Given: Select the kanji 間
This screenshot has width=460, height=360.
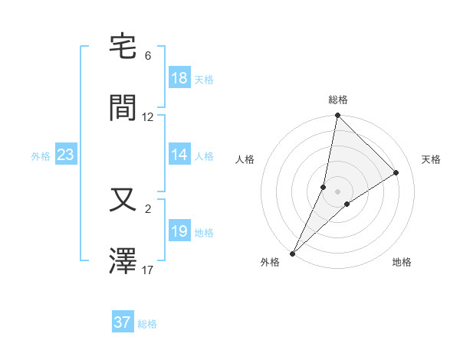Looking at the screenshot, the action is (x=123, y=107).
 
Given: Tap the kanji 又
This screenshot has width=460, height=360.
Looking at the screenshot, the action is (x=123, y=200).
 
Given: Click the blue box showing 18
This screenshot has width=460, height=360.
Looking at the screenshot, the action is (x=179, y=78).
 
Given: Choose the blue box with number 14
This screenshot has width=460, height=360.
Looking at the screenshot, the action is (x=179, y=155).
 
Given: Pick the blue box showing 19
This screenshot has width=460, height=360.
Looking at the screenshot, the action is (x=179, y=231).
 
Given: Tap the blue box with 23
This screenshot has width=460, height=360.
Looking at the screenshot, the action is (x=66, y=155).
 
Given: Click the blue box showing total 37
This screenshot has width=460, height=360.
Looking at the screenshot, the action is (x=123, y=322).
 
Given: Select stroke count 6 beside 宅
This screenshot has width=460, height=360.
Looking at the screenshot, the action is (x=148, y=56).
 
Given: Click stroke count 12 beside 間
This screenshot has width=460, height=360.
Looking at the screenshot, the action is (x=148, y=117).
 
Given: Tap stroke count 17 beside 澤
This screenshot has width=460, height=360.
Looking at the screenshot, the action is (x=148, y=270).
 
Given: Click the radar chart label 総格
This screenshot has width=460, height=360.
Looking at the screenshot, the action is (x=338, y=100).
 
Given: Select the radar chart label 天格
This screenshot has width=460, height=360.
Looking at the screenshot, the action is (x=432, y=159).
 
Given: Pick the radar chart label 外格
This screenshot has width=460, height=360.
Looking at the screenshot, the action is (x=270, y=262).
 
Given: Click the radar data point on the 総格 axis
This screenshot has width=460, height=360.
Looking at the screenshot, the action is (x=337, y=116).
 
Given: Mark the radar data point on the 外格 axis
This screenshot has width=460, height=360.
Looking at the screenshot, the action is (x=292, y=253).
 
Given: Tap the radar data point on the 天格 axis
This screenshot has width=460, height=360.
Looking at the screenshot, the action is (x=396, y=172).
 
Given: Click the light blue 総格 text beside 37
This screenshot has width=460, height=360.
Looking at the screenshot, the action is (x=147, y=324).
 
